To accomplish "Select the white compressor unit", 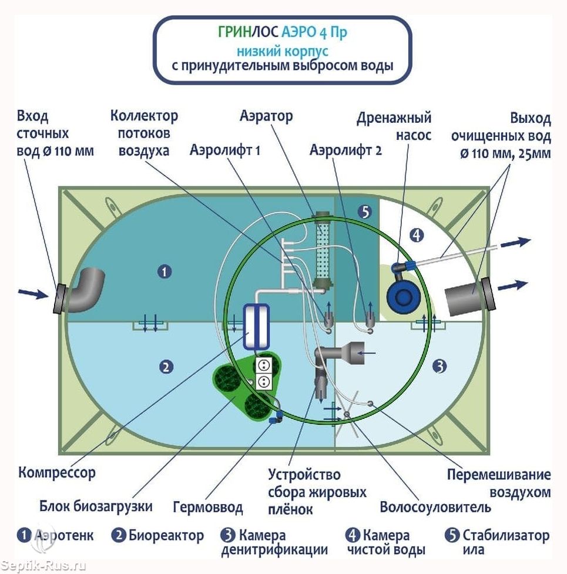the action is (x=256, y=327).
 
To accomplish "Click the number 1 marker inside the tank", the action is (x=165, y=271).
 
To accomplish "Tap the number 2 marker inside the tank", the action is (x=166, y=367).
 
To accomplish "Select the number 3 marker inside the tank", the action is (x=439, y=365).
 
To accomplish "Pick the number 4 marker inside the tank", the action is (x=417, y=236).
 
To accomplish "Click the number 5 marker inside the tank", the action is (x=365, y=212).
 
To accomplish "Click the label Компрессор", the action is (x=57, y=473).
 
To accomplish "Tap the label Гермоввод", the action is (x=207, y=508).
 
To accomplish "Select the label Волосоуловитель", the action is (x=435, y=507).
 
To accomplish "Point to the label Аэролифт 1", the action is (x=225, y=150).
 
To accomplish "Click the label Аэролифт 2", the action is (x=345, y=150).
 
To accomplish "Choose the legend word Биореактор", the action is (x=166, y=536).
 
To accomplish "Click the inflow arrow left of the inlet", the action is (x=33, y=293).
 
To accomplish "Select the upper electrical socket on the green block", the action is (x=263, y=365).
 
